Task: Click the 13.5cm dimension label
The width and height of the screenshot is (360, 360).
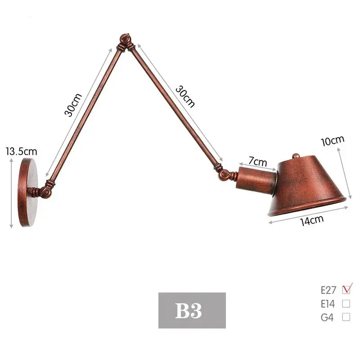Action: pyautogui.click(x=21, y=152)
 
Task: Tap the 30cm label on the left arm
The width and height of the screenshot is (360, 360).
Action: pyautogui.click(x=73, y=104)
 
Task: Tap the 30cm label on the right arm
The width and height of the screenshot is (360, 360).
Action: pyautogui.click(x=184, y=96)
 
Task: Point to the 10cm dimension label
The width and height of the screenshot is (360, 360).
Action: pyautogui.click(x=332, y=141)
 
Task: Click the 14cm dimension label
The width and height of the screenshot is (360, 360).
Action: pyautogui.click(x=312, y=220)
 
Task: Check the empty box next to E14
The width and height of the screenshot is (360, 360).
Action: pyautogui.click(x=346, y=303)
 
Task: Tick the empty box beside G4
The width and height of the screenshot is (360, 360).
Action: pyautogui.click(x=346, y=317)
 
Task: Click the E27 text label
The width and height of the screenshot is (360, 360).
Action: pyautogui.click(x=328, y=290)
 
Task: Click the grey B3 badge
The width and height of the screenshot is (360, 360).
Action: pyautogui.click(x=192, y=310)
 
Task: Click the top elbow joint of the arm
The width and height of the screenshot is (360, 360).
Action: pyautogui.click(x=125, y=43)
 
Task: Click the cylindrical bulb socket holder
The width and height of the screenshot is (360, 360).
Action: pyautogui.click(x=256, y=180)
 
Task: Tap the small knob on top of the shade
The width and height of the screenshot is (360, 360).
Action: pyautogui.click(x=296, y=156)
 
